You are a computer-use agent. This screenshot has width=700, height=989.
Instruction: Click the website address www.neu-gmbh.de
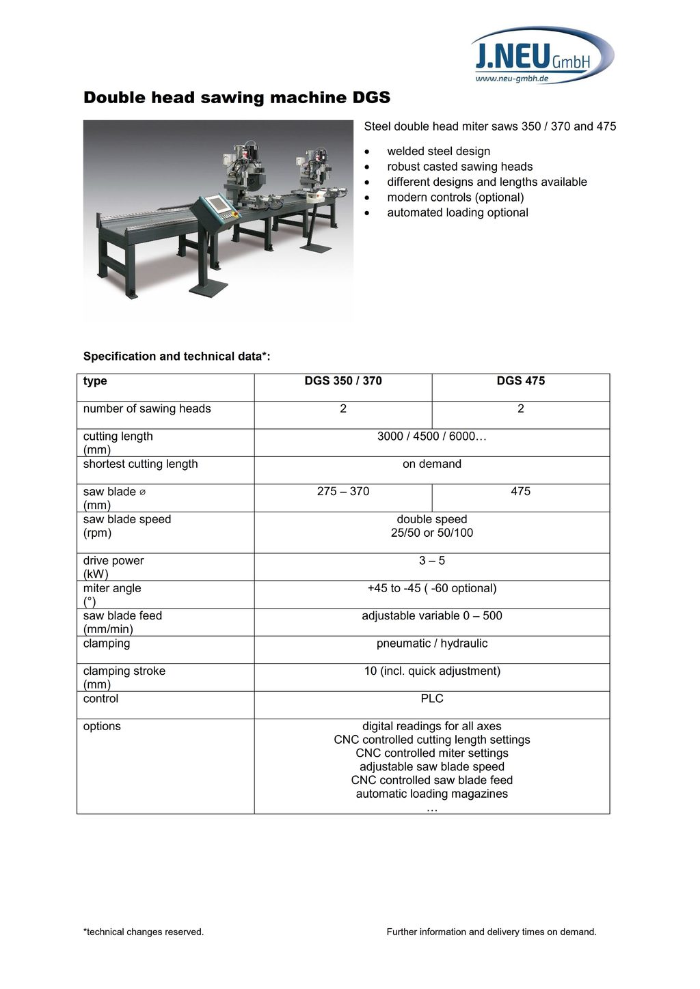coord(511,79)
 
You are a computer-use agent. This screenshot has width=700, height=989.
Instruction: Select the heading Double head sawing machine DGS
coord(237,98)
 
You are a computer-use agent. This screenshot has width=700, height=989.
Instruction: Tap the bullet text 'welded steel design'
coord(438,151)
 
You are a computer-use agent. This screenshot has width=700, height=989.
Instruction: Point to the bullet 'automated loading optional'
coord(457,212)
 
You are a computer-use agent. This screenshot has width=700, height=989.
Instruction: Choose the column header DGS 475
coord(520,381)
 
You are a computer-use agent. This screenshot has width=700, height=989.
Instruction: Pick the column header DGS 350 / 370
coord(343,381)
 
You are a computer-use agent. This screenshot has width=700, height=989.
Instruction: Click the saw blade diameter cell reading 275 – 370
coord(343,491)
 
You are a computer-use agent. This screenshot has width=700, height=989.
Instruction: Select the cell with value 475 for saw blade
coord(520,491)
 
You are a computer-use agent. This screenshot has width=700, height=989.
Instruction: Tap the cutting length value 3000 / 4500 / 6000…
coord(432,436)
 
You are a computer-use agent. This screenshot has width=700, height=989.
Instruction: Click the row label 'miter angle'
coord(112,588)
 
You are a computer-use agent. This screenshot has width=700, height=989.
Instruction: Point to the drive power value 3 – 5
coord(432,561)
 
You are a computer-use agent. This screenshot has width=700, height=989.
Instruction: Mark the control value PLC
coord(432,699)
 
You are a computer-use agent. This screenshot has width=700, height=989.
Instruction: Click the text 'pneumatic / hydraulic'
coord(432,643)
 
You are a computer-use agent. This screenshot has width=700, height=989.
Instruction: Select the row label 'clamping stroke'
coord(124,671)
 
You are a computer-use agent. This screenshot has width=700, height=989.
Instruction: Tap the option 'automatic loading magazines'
coord(432,794)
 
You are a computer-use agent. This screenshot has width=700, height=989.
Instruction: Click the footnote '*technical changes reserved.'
coord(144,932)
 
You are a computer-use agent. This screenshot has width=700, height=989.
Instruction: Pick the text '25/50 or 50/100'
coord(432,533)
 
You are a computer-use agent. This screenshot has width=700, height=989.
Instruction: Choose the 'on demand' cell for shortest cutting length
coord(432,464)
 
